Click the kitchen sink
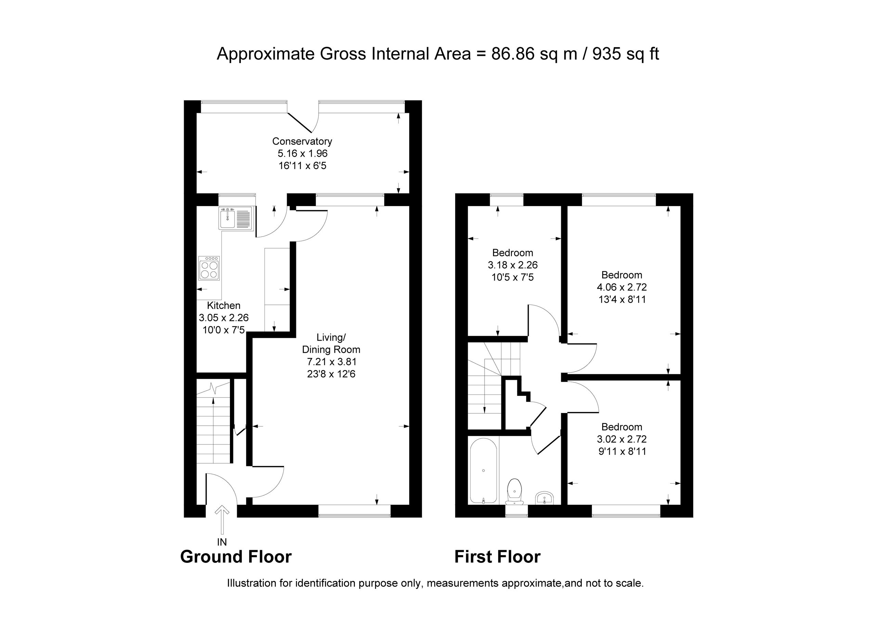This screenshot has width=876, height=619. (x=235, y=218)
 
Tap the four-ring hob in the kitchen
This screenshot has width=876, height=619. (x=209, y=268)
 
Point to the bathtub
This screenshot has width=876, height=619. (x=484, y=470)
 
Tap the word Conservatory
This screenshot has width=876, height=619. (x=302, y=141)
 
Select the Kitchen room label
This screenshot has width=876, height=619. (x=223, y=305)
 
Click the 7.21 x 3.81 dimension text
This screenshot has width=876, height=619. (x=331, y=361)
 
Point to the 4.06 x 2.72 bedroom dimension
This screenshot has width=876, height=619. (x=622, y=287)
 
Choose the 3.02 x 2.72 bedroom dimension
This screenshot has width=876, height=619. (x=622, y=439)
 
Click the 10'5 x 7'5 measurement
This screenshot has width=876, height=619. (x=513, y=277)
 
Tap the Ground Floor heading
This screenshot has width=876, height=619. (x=236, y=557)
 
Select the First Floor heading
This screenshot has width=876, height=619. (x=498, y=557)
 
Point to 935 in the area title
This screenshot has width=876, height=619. (x=606, y=54)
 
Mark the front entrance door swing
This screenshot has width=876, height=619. (x=222, y=489)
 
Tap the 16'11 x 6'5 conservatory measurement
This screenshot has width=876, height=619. (x=302, y=166)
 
